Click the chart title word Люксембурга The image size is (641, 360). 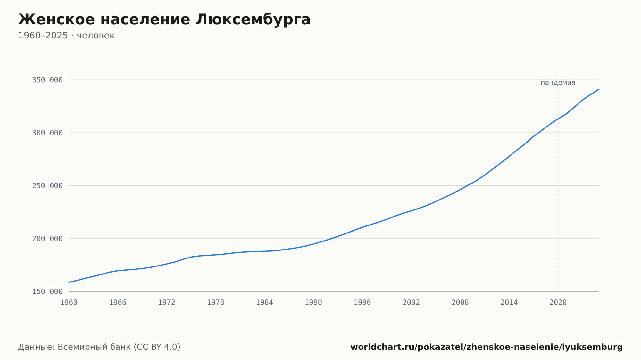[x=253, y=20]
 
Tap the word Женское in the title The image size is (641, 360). [x=56, y=20]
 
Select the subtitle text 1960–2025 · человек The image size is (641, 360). [x=66, y=36]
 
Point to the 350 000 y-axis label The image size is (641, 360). [x=47, y=80]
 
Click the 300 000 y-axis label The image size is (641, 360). [x=47, y=133]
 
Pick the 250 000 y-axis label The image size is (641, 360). [x=47, y=186]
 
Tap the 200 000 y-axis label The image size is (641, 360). [x=47, y=239]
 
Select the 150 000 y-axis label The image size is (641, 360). [x=47, y=291]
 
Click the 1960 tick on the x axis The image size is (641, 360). [x=69, y=303]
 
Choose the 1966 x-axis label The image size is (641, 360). [x=118, y=303]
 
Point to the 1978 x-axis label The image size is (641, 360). [x=215, y=303]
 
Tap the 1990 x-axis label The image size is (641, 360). [x=313, y=303]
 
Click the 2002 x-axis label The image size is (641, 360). [x=411, y=303]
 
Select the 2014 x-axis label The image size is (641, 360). [x=509, y=303]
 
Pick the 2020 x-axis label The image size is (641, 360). [x=558, y=303]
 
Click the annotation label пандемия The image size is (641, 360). [x=558, y=83]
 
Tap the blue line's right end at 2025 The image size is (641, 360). [x=599, y=89]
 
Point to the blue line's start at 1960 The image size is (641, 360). [x=69, y=282]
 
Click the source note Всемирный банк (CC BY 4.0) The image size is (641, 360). [x=119, y=347]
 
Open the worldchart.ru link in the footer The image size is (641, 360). [x=487, y=347]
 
